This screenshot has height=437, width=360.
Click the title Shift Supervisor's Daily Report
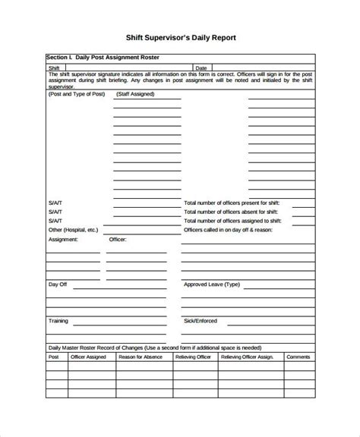[180, 37]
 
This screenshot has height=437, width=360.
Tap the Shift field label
[54, 67]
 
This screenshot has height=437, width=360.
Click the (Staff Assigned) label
[135, 94]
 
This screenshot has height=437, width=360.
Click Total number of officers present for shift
[232, 203]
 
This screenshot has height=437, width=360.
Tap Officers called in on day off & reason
[227, 229]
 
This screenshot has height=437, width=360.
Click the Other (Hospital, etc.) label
[73, 229]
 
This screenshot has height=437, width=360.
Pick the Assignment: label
[63, 239]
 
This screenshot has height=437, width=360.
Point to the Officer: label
[118, 239]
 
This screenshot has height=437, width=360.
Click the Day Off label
[58, 285]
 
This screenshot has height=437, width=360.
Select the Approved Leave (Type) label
[211, 285]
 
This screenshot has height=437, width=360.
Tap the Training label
[58, 321]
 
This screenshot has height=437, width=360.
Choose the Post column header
[54, 356]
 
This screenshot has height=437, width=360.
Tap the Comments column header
[298, 356]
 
